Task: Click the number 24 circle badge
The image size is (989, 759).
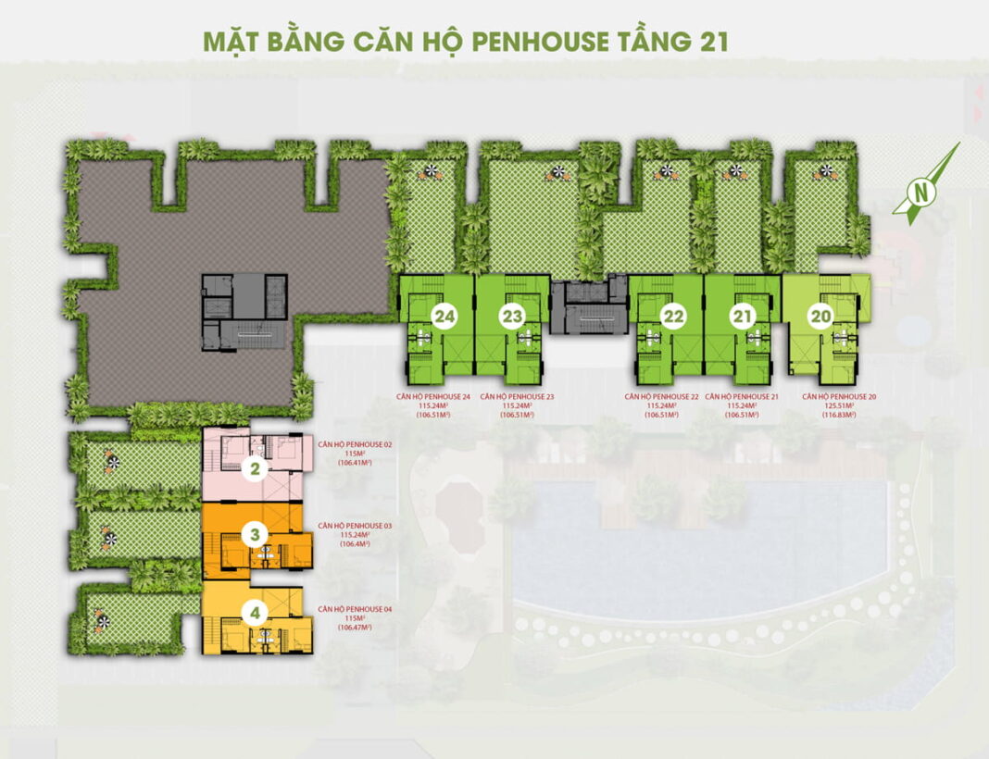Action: pyautogui.click(x=444, y=317)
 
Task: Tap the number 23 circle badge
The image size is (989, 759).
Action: pyautogui.click(x=512, y=317)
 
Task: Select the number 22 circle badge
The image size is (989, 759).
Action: pyautogui.click(x=673, y=317)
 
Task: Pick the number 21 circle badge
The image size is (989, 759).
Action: pyautogui.click(x=741, y=317)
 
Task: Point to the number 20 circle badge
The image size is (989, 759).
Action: pyautogui.click(x=820, y=317)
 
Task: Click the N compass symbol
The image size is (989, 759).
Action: pyautogui.click(x=920, y=193)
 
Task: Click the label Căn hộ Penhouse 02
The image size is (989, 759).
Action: pyautogui.click(x=355, y=444)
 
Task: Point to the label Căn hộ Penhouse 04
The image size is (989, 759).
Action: pyautogui.click(x=355, y=609)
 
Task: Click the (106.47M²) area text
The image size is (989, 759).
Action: pyautogui.click(x=355, y=628)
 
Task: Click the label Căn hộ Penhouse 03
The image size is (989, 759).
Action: pyautogui.click(x=355, y=526)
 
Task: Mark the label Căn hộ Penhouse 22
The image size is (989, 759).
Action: pyautogui.click(x=663, y=397)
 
